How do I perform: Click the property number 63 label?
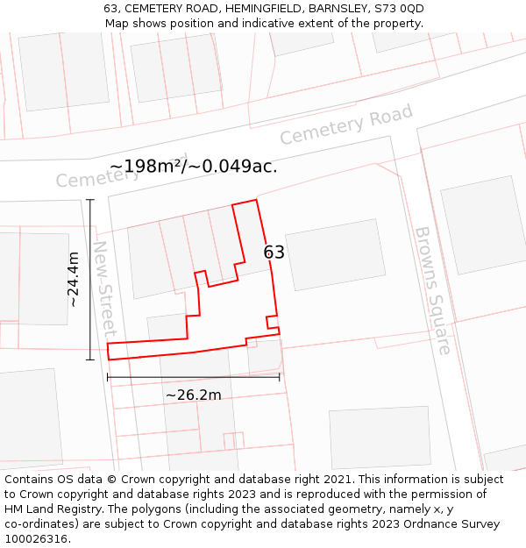click(274, 253)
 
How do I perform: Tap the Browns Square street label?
click(432, 290)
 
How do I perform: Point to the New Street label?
click(104, 288)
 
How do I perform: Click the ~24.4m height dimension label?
click(74, 279)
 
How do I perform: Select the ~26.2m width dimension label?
click(193, 395)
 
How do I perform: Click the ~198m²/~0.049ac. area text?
click(194, 166)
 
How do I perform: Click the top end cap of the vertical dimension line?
click(90, 200)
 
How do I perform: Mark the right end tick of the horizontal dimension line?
click(280, 377)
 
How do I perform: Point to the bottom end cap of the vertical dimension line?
click(90, 359)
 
